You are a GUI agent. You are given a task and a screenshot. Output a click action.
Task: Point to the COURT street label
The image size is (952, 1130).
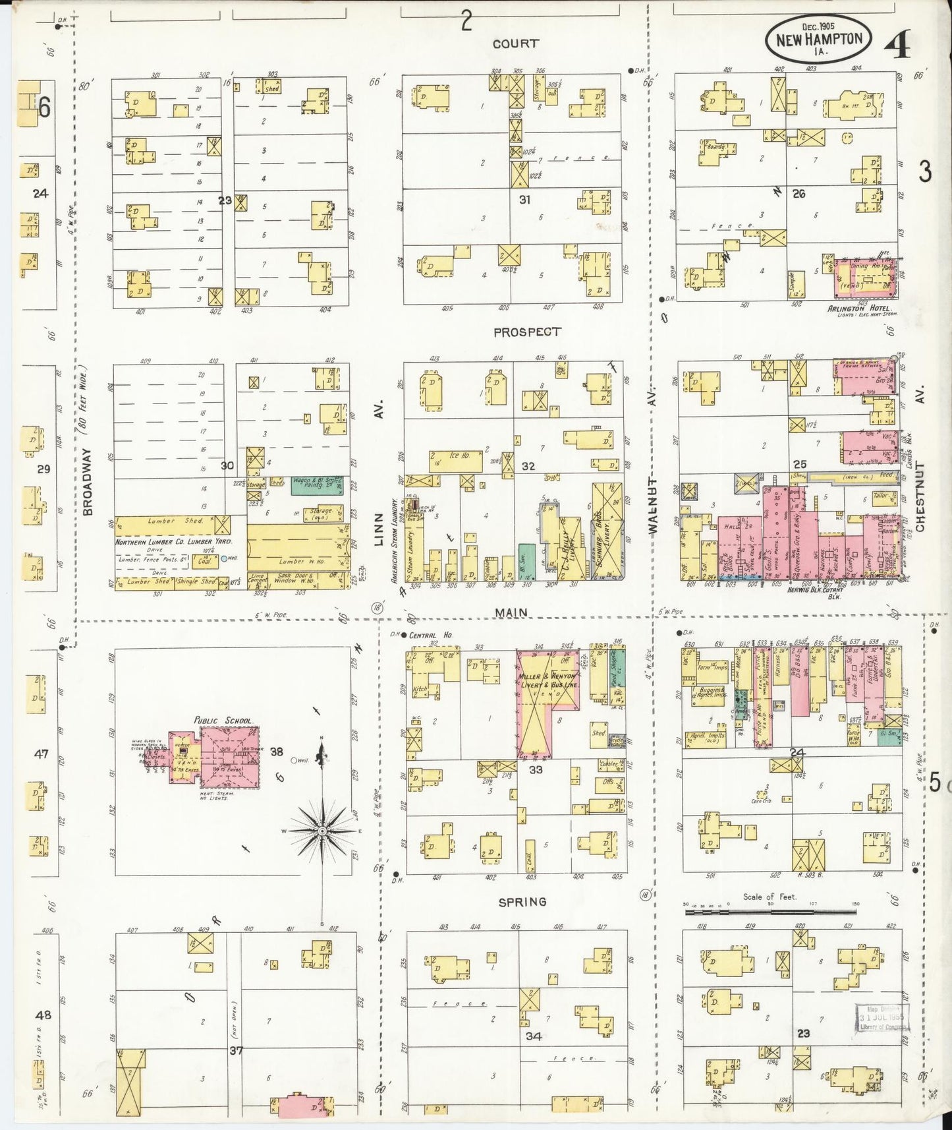pos(515,44)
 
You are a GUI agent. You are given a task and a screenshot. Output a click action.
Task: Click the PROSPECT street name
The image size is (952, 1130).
pos(527,332)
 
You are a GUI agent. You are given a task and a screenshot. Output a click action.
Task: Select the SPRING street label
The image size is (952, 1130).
pos(522,901)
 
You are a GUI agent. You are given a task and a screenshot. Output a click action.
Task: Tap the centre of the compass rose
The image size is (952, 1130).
pos(322,831)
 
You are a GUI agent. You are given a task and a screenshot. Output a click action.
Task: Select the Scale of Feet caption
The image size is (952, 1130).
pos(770,897)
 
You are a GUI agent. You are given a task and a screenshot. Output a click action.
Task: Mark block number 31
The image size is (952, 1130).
pos(524,199)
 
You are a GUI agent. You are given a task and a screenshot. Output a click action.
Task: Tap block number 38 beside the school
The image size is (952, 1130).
pos(276,751)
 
